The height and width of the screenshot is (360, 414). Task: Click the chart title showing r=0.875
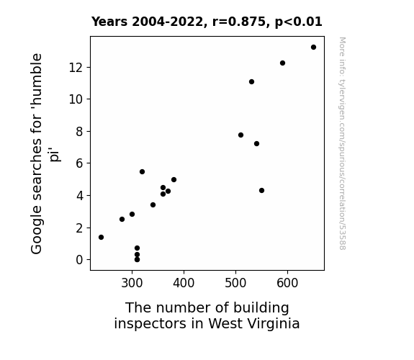tap(207, 22)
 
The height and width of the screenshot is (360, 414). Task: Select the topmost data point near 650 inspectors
tap(313, 48)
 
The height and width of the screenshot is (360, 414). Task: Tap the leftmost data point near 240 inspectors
tap(101, 237)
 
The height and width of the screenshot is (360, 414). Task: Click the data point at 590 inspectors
tap(282, 63)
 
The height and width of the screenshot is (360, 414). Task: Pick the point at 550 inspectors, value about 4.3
tap(261, 190)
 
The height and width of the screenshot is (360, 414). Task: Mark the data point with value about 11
tap(251, 82)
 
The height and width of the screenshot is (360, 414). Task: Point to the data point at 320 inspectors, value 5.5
tap(142, 171)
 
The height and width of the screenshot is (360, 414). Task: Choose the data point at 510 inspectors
tap(240, 135)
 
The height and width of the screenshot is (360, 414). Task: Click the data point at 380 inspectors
tap(174, 179)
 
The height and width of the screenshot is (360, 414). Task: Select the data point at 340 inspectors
tap(153, 204)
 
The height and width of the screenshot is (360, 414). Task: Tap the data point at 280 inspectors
tap(122, 219)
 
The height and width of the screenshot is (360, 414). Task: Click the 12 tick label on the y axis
tap(76, 68)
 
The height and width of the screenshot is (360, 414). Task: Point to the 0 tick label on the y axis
tap(79, 260)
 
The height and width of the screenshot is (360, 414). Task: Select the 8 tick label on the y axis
tap(79, 131)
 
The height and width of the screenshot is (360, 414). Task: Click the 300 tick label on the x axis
tap(132, 283)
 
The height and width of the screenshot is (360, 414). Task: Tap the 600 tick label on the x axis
tap(287, 283)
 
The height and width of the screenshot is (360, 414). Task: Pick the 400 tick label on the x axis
tap(184, 283)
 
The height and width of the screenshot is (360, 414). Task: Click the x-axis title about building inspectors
tap(207, 315)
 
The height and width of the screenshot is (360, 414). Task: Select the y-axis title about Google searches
tap(45, 153)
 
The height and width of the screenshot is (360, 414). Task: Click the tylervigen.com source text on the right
tap(343, 143)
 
